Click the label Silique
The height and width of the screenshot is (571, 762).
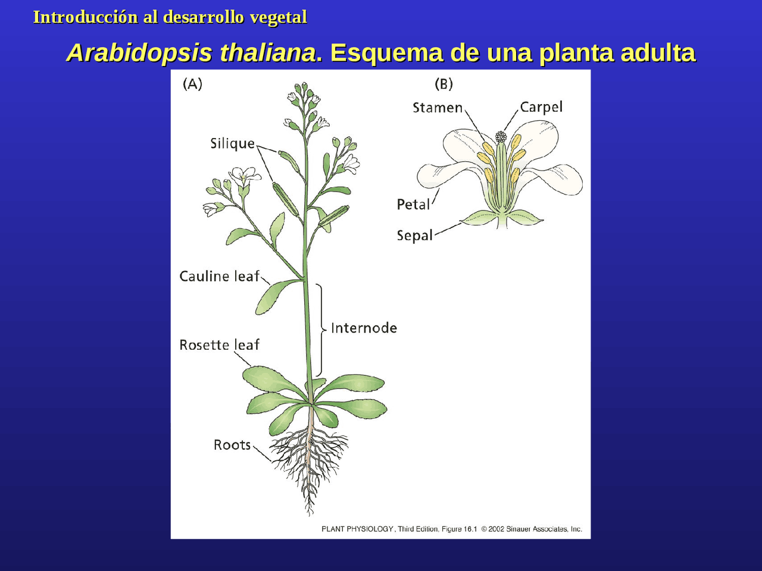click(x=232, y=143)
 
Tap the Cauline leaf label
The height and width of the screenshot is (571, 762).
click(x=219, y=277)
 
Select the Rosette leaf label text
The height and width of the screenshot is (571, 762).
click(x=219, y=345)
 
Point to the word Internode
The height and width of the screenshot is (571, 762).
click(x=364, y=328)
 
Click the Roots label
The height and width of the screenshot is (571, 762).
click(x=232, y=445)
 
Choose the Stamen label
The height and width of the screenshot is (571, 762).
click(x=438, y=108)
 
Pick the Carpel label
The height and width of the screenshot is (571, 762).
click(x=541, y=107)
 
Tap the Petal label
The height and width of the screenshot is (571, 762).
click(x=413, y=205)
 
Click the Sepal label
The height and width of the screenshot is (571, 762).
click(x=415, y=236)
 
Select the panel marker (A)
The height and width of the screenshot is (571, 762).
click(x=192, y=84)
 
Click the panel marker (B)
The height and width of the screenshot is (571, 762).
click(x=444, y=84)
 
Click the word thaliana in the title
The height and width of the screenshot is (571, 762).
click(x=268, y=52)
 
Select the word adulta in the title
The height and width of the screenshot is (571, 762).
click(x=658, y=52)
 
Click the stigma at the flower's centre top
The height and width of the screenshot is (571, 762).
click(x=501, y=137)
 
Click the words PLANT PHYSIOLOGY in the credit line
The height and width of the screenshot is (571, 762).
click(x=357, y=529)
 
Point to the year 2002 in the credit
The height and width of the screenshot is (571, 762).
click(x=496, y=529)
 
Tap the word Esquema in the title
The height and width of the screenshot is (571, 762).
click(x=387, y=52)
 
